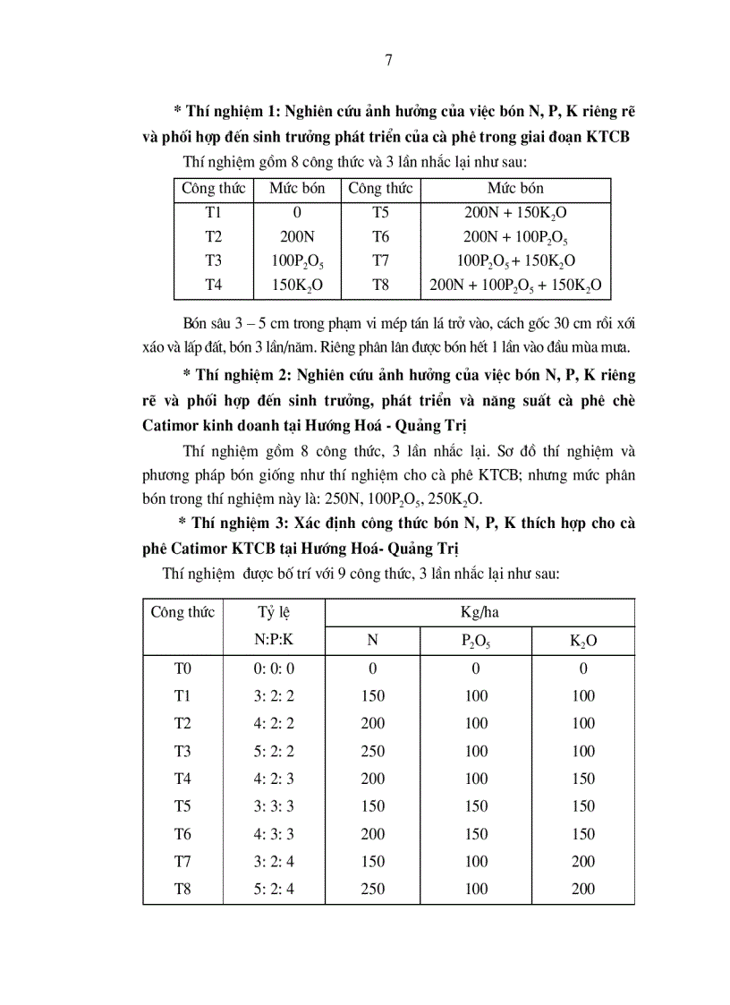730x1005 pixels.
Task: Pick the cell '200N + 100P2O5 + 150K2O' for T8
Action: pyautogui.click(x=515, y=285)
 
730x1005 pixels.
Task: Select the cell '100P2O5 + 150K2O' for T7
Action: pyautogui.click(x=515, y=261)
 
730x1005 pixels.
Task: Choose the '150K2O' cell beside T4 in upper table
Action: pyautogui.click(x=297, y=285)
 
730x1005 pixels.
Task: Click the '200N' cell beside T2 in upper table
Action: pyautogui.click(x=297, y=237)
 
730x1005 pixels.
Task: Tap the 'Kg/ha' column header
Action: pyautogui.click(x=479, y=613)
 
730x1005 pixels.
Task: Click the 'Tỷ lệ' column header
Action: pyautogui.click(x=273, y=613)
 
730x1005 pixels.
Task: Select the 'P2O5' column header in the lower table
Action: pyautogui.click(x=476, y=641)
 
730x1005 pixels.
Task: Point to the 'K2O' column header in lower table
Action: pyautogui.click(x=583, y=641)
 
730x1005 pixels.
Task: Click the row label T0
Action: pyautogui.click(x=183, y=669)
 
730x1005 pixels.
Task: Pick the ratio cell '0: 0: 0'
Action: pyautogui.click(x=273, y=669)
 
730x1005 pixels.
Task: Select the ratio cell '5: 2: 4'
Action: pyautogui.click(x=273, y=889)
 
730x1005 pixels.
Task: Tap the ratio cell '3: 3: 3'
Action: pyautogui.click(x=273, y=806)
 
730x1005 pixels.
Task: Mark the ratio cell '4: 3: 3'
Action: pyautogui.click(x=273, y=834)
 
